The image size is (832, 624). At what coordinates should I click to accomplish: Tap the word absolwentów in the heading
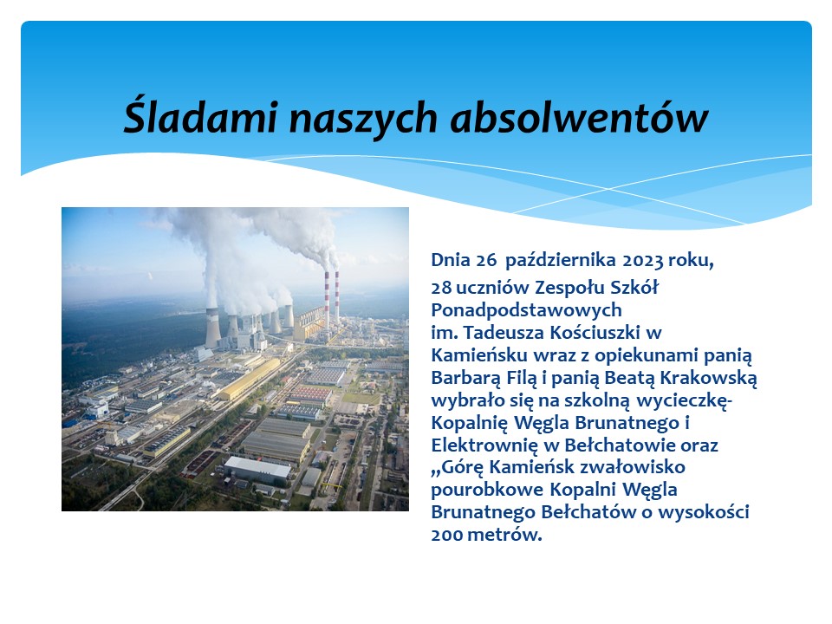[579, 117]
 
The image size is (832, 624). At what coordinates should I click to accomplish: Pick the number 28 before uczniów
[441, 288]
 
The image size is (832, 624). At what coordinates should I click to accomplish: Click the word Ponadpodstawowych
[526, 310]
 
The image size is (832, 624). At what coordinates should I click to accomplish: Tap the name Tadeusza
[504, 333]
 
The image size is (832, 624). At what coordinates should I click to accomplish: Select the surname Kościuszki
[595, 333]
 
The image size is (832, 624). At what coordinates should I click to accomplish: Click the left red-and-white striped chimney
[327, 297]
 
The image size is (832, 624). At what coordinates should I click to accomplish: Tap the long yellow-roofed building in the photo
[250, 379]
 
